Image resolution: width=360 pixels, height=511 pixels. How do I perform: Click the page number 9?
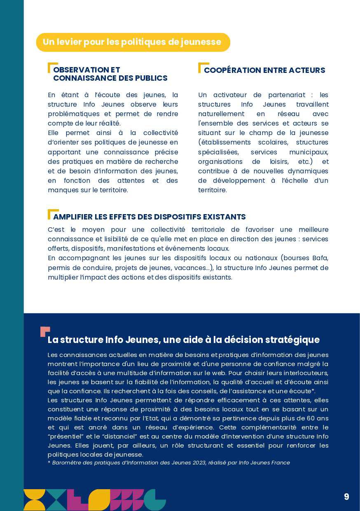coord(346,497)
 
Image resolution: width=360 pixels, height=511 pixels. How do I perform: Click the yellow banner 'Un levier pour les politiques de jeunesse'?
coord(133,42)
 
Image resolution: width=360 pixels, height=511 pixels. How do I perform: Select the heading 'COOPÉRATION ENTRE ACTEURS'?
coord(264,70)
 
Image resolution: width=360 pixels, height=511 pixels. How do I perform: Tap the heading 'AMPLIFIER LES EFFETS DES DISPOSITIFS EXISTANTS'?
coord(149,217)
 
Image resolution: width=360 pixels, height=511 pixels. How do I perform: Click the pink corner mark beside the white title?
coord(44,331)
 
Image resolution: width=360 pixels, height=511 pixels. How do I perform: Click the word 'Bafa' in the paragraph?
coord(320,258)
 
